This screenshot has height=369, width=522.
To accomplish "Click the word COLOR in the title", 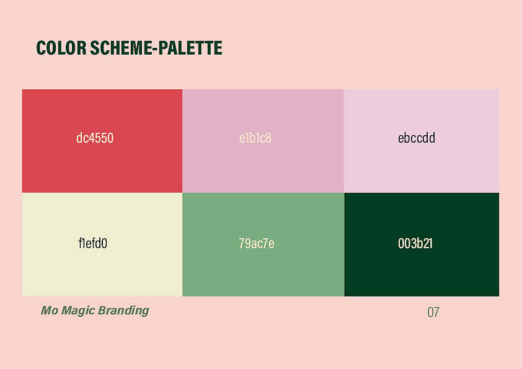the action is (61, 48).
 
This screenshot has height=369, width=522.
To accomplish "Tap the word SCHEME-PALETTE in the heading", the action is (156, 48).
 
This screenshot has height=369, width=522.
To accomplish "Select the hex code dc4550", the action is (95, 138).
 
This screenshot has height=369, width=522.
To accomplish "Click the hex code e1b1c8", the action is (255, 138).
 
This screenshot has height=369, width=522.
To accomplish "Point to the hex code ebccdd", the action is (417, 138).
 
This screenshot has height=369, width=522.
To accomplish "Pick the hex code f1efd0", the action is (93, 244).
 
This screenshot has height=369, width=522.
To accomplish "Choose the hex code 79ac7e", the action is (256, 244).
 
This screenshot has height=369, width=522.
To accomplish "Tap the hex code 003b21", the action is (415, 244).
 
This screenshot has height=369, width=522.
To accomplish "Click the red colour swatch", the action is (102, 141).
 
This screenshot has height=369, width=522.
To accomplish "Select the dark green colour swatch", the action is (422, 244).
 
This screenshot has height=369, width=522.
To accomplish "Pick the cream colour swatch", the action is (102, 244).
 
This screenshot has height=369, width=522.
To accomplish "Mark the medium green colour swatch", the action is (263, 244).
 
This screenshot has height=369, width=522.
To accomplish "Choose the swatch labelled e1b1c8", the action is (263, 141).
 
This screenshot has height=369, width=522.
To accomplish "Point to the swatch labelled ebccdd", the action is (422, 141).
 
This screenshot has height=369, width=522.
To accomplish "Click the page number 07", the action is (433, 313).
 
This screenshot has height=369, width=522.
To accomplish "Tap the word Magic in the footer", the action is (78, 310).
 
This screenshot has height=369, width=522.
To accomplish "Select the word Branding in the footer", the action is (123, 310).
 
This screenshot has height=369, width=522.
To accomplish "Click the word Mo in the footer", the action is (50, 310).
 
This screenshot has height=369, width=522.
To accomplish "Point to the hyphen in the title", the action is (154, 49).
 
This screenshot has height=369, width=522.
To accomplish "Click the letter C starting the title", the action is (41, 48).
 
